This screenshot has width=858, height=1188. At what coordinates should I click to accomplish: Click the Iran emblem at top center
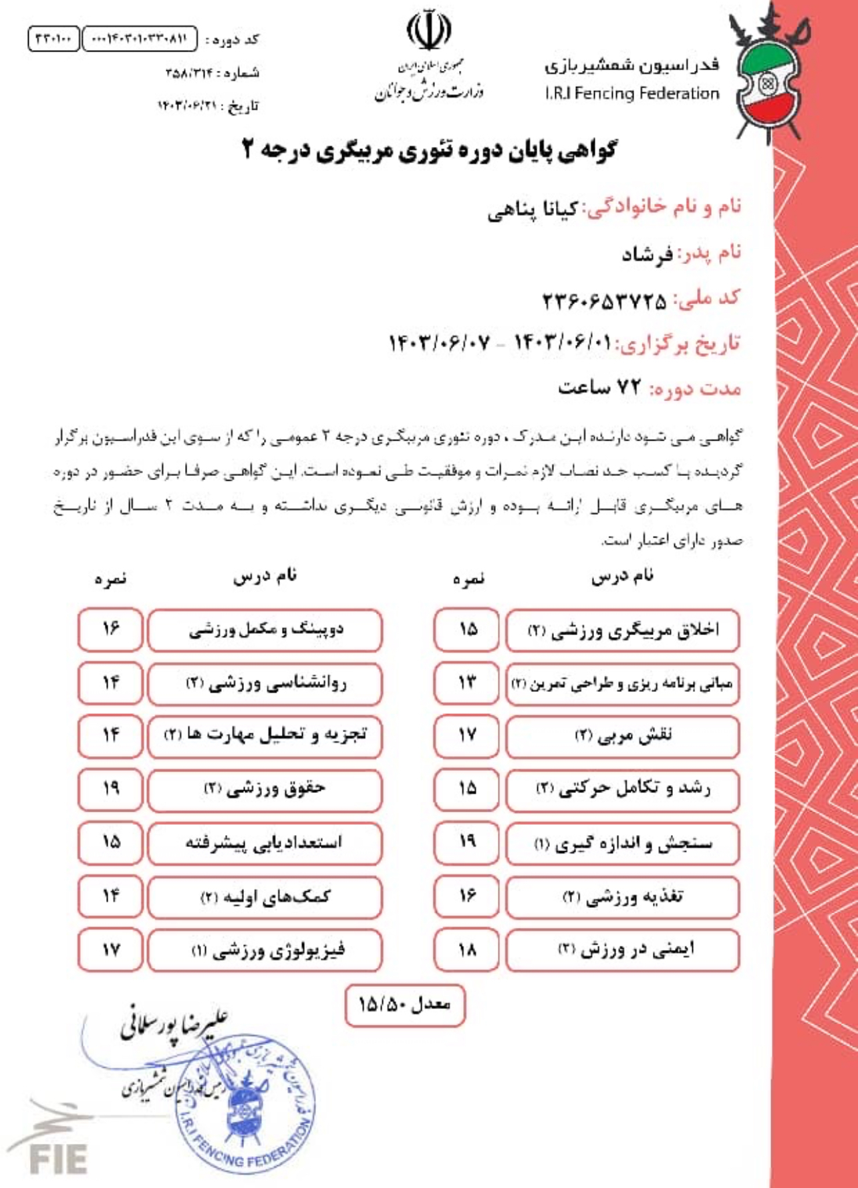pos(428,31)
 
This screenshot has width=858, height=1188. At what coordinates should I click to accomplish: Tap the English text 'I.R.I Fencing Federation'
pos(632,94)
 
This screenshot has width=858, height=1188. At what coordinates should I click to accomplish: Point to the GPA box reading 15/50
pos(405,1005)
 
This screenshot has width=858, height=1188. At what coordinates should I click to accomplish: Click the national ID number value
pos(604,300)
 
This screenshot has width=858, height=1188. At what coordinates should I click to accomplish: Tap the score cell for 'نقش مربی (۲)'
pos(466,735)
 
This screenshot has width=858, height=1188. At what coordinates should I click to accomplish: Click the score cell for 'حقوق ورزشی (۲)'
pos(110,789)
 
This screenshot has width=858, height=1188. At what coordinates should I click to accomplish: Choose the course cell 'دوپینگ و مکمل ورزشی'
pos(265,630)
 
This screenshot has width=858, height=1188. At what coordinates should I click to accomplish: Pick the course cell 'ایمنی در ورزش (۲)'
pos(623,949)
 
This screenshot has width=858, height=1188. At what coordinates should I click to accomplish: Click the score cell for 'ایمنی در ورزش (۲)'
pos(466,949)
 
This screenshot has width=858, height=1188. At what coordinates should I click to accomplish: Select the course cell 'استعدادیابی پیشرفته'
pos(265,842)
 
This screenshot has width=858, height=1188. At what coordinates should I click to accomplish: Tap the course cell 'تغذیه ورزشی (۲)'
pos(623,897)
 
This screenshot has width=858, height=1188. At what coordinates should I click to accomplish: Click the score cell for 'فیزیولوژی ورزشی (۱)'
pos(110,949)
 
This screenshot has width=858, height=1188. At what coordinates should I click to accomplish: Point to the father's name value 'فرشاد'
pos(647,255)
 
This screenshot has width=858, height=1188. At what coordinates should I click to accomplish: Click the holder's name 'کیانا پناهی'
pos(532,210)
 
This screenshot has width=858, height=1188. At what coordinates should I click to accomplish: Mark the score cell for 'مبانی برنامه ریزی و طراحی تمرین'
pos(466,683)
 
